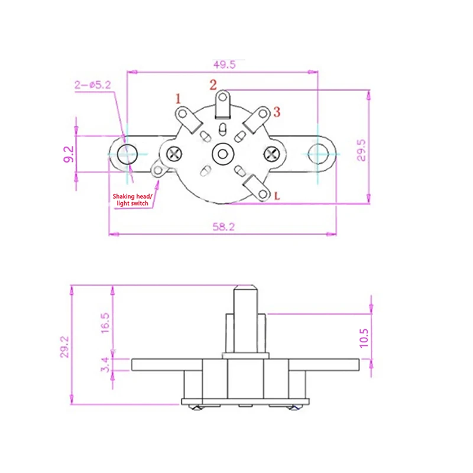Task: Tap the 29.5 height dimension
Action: click(362, 150)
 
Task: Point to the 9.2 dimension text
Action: click(68, 154)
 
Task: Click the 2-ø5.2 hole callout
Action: click(92, 85)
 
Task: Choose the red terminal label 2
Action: click(212, 85)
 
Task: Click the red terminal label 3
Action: click(276, 112)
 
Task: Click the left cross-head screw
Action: click(174, 154)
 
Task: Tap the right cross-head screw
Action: click(271, 154)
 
